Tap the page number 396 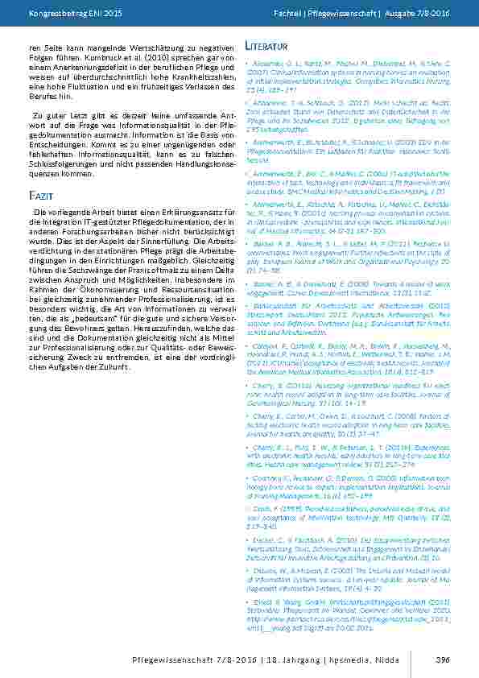pos(441,660)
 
